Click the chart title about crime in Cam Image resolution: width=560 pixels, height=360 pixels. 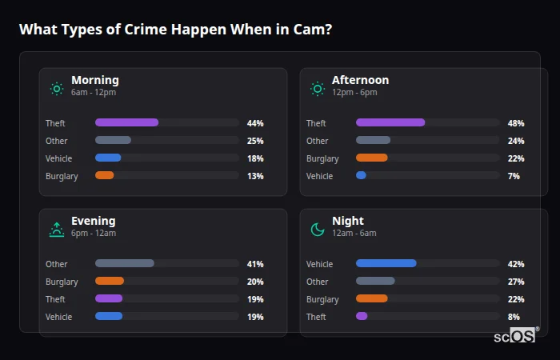[x=175, y=30]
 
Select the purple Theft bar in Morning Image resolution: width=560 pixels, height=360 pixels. [x=126, y=123]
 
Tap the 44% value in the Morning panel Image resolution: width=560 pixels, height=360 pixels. [x=255, y=123]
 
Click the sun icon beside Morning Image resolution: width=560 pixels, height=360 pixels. [x=56, y=89]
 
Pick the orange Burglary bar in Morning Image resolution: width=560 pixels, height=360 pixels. [x=105, y=176]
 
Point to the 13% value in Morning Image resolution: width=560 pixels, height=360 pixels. [x=255, y=176]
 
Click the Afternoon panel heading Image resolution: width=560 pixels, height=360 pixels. [x=360, y=80]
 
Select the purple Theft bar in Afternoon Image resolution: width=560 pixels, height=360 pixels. [x=390, y=123]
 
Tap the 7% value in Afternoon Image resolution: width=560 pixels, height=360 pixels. [x=514, y=176]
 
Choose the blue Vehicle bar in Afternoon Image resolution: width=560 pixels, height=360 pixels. [x=361, y=176]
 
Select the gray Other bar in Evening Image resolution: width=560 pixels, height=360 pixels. [x=124, y=264]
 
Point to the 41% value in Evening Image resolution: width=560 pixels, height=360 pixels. [x=255, y=264]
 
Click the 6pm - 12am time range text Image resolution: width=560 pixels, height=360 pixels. [x=94, y=234]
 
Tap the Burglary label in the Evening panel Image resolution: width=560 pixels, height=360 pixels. [x=62, y=282]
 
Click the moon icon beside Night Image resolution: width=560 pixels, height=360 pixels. [x=317, y=230]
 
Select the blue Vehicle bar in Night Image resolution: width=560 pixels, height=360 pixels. [x=386, y=264]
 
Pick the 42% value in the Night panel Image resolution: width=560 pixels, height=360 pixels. [x=515, y=264]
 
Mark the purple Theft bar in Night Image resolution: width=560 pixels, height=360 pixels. [x=362, y=317]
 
